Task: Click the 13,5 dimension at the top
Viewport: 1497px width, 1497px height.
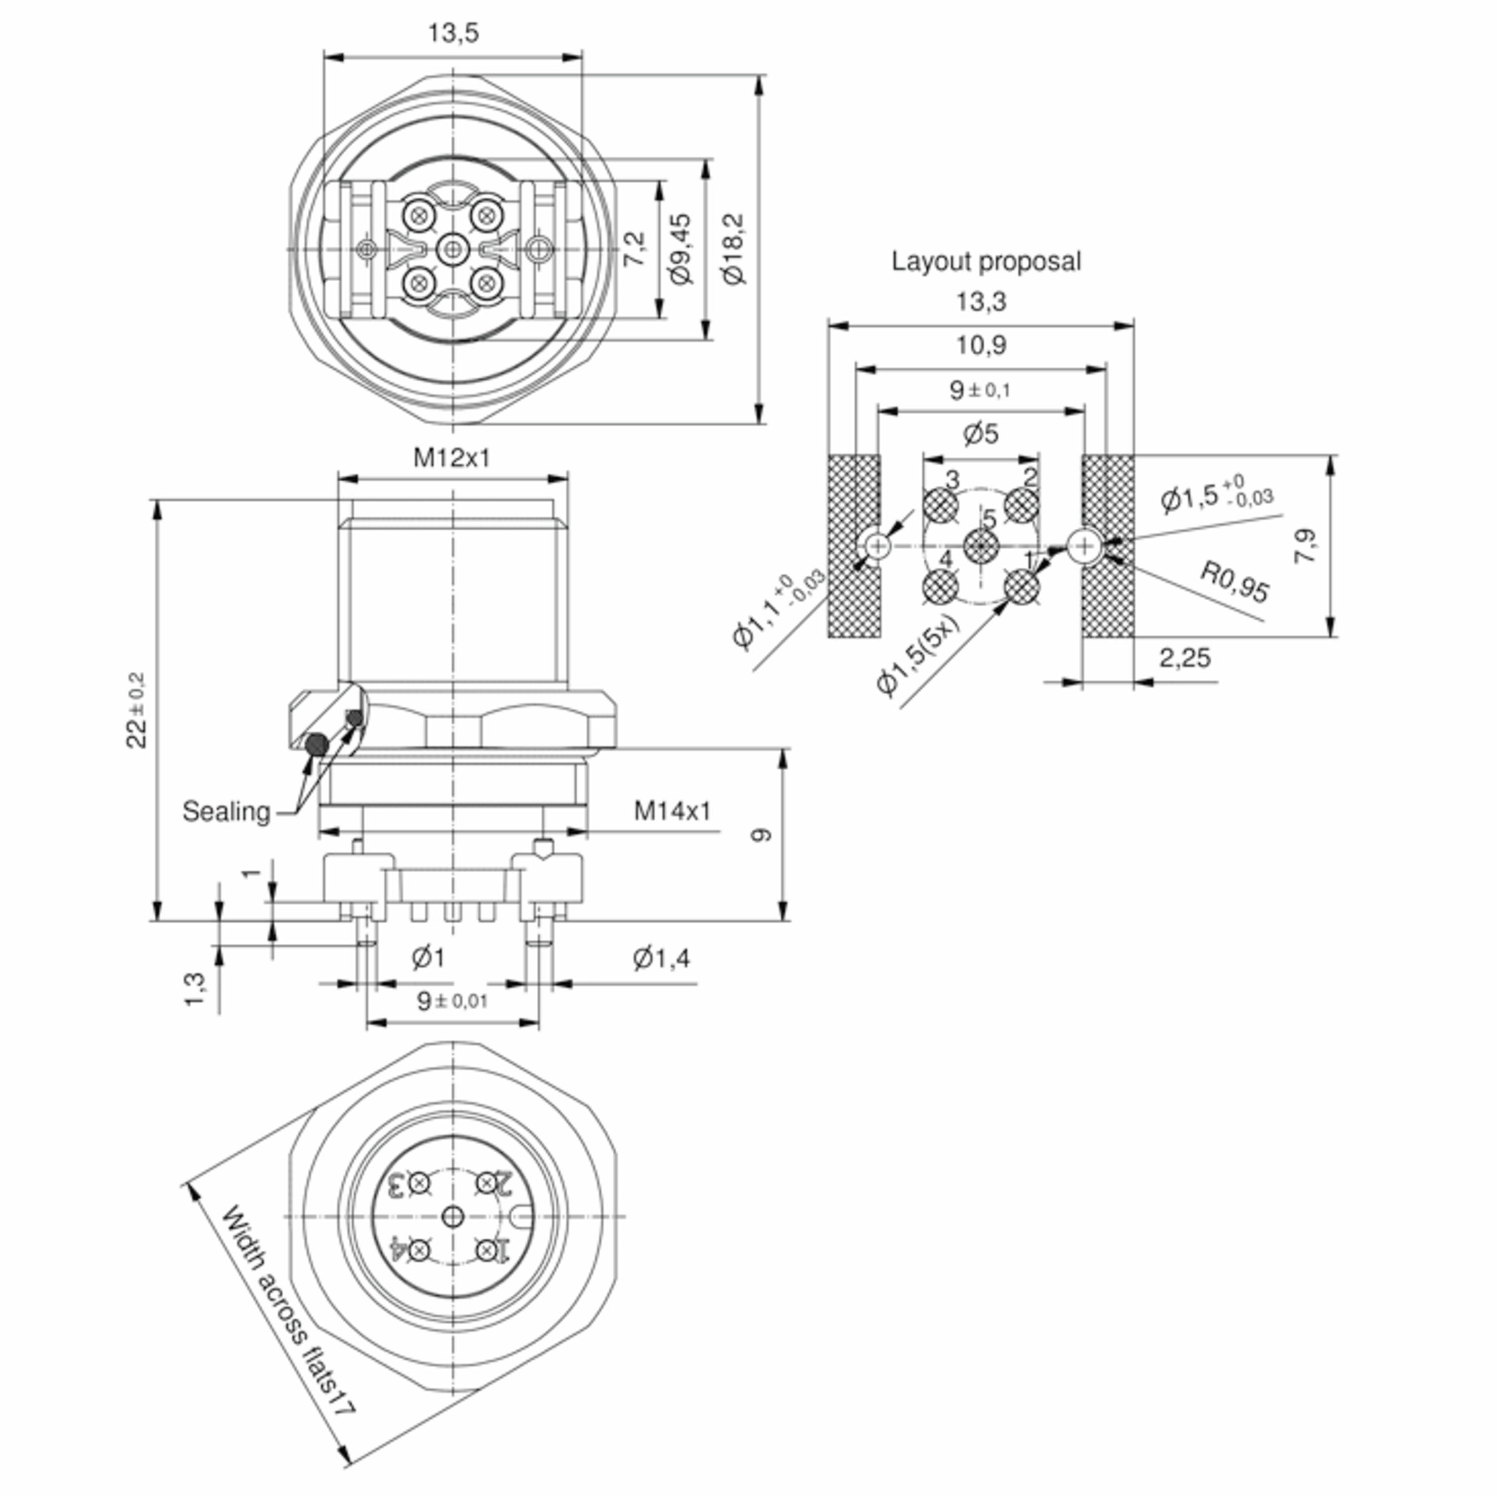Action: coord(453,33)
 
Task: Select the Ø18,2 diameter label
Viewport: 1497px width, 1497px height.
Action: coord(733,249)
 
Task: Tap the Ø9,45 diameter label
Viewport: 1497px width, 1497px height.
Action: coord(681,249)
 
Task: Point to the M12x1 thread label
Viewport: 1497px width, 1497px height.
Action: coord(452,458)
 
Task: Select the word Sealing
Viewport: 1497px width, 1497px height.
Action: coord(225,812)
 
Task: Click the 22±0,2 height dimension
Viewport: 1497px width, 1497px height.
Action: coord(137,710)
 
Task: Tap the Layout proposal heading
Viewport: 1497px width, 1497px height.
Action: coord(986,261)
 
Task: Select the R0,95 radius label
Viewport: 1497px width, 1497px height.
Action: coord(1234,581)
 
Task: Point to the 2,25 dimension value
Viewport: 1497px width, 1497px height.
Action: coord(1184,658)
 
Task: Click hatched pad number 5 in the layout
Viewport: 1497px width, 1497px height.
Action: coord(982,548)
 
